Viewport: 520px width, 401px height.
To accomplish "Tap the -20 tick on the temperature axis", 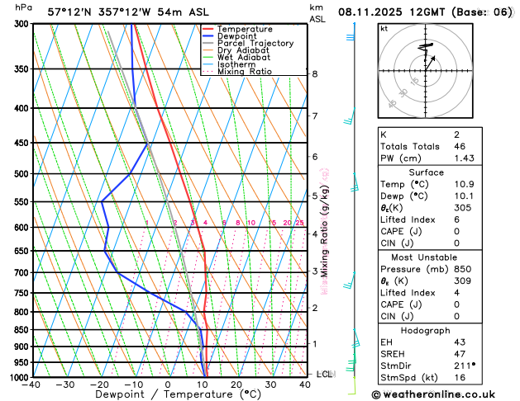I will (x=100, y=384).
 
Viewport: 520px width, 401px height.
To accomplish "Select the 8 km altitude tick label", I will (x=314, y=74).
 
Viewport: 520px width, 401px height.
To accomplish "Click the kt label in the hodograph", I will (x=384, y=28).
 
